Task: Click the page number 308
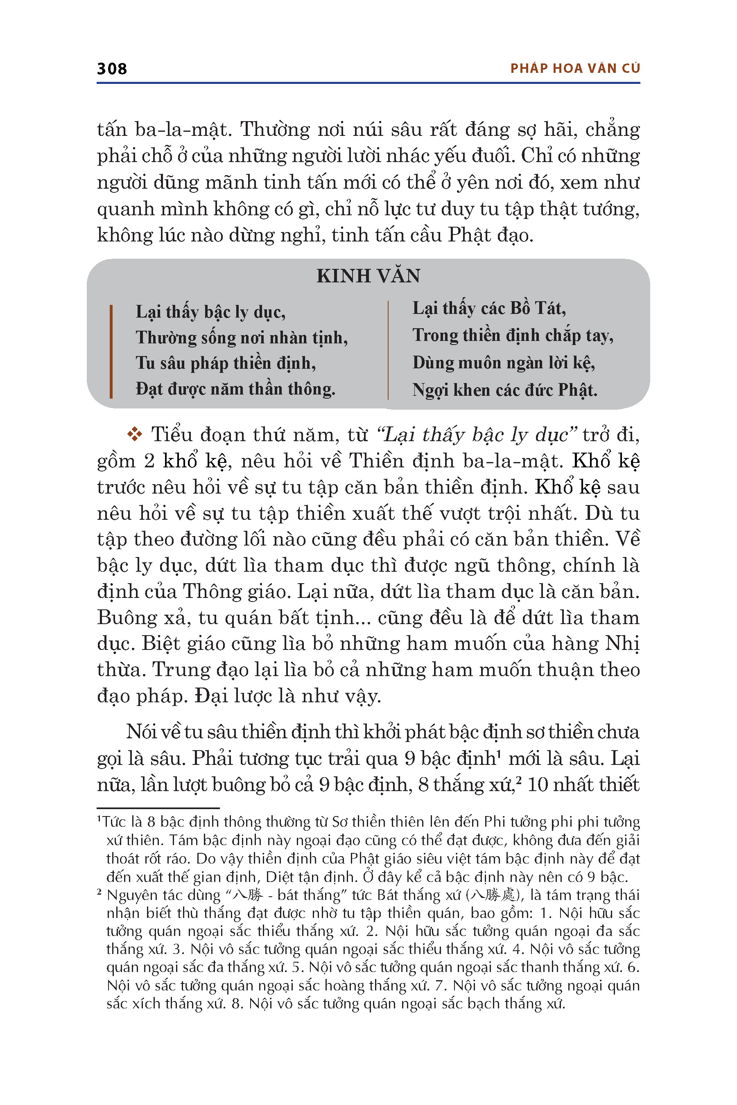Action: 112,69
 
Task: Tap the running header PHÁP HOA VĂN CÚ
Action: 575,69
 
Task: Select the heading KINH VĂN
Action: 368,276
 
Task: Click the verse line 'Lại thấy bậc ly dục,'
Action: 210,312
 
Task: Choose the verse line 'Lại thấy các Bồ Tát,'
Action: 489,308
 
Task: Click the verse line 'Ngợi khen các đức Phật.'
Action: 505,390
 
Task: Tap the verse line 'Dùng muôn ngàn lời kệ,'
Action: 503,363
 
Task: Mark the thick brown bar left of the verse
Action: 111,352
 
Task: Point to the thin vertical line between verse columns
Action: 388,350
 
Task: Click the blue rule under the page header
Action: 368,83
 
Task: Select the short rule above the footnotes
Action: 158,808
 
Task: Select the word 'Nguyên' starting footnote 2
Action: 130,895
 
